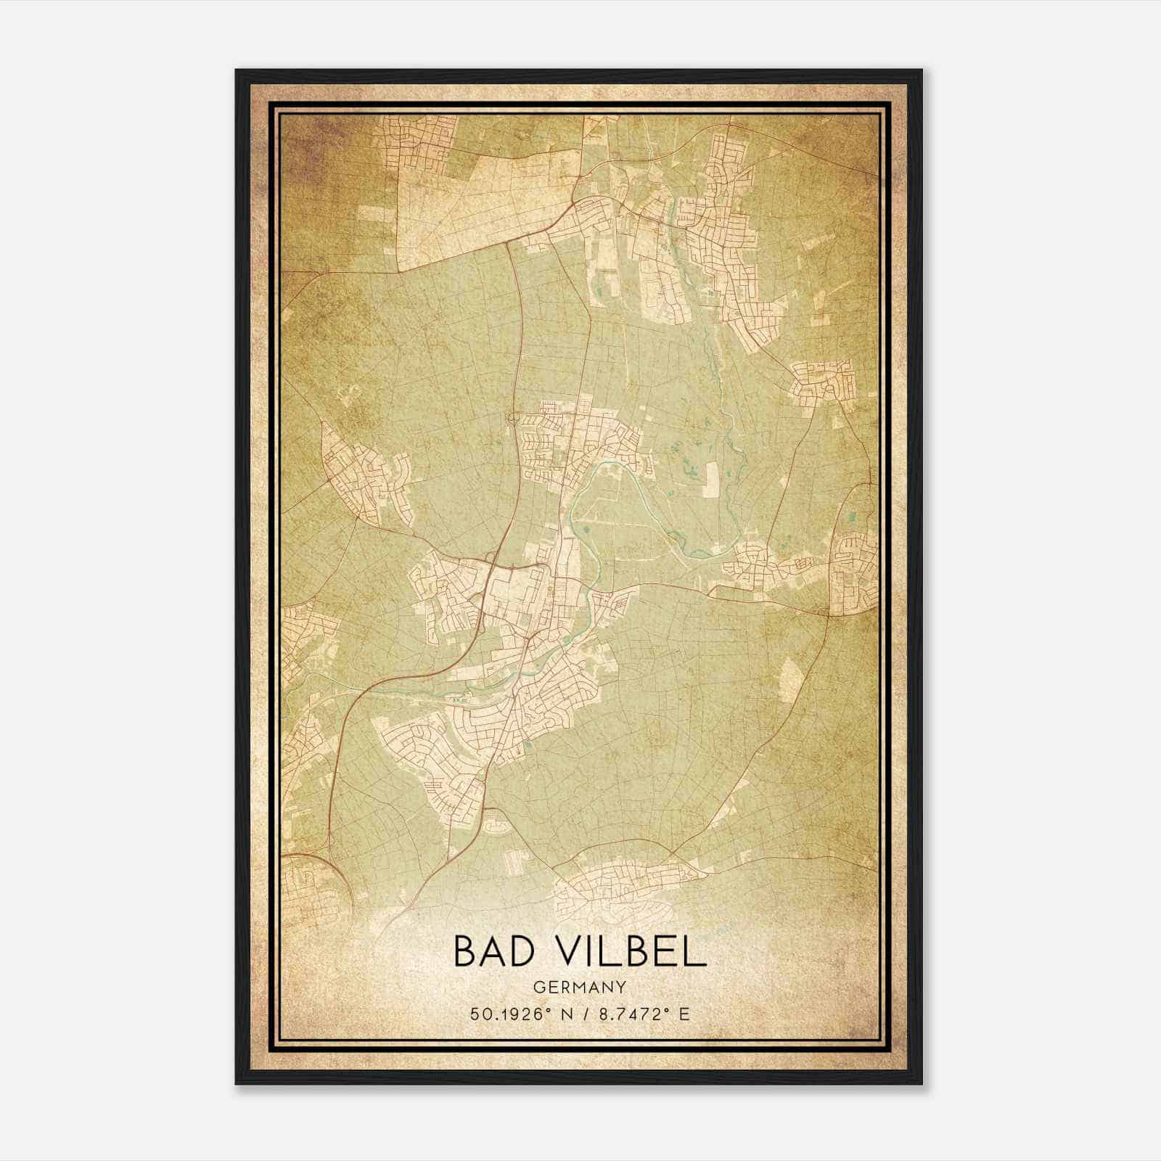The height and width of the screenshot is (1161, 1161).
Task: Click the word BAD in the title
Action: [x=493, y=951]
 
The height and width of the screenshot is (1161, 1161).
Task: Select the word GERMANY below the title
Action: [x=580, y=987]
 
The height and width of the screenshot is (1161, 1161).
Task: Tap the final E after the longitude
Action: [x=684, y=1014]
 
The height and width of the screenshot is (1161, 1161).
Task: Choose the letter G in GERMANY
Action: [x=538, y=987]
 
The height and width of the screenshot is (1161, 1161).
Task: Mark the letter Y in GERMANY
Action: [x=623, y=987]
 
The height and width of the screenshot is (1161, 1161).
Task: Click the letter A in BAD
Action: [x=493, y=951]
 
